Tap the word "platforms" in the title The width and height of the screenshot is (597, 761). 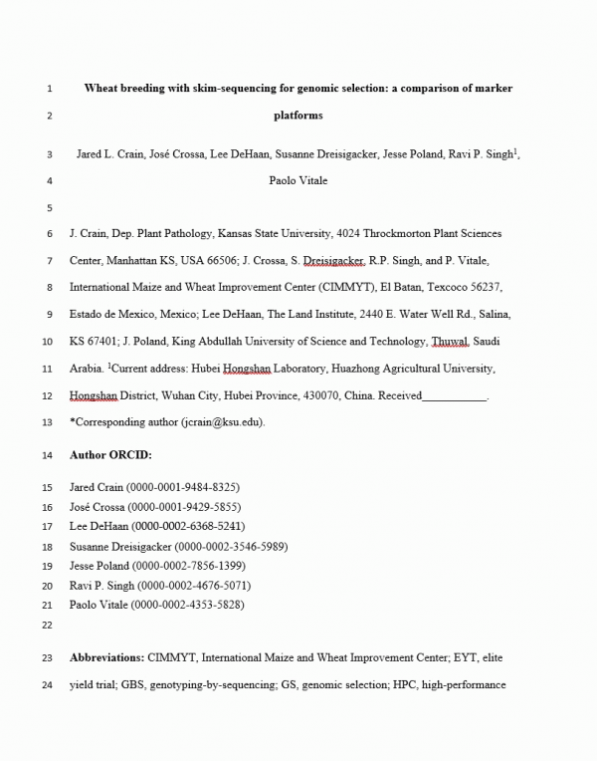pyautogui.click(x=298, y=116)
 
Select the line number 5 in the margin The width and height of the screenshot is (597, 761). pyautogui.click(x=49, y=208)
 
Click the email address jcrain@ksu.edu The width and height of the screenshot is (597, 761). pyautogui.click(x=220, y=421)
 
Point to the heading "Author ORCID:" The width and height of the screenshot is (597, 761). pyautogui.click(x=110, y=455)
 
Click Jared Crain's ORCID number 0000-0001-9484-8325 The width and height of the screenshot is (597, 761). pyautogui.click(x=182, y=487)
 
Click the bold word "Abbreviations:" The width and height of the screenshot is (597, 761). pyautogui.click(x=106, y=658)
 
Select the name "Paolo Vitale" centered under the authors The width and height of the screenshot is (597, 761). pyautogui.click(x=298, y=181)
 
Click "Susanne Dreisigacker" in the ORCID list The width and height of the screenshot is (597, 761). pyautogui.click(x=119, y=546)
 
